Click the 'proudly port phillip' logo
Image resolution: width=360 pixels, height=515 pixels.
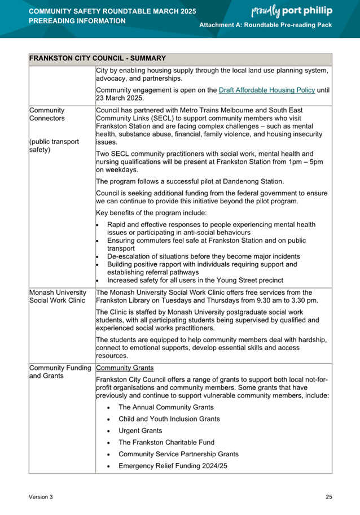point(291,11)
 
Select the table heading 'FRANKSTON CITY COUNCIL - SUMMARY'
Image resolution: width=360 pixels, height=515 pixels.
point(97,58)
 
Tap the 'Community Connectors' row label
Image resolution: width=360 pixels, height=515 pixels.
point(47,115)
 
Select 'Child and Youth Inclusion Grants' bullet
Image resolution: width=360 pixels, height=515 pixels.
point(169,419)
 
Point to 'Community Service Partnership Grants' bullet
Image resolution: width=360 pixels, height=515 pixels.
point(178,454)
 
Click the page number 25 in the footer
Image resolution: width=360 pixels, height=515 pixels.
point(328,497)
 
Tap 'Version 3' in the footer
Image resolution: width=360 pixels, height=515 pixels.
point(41,497)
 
